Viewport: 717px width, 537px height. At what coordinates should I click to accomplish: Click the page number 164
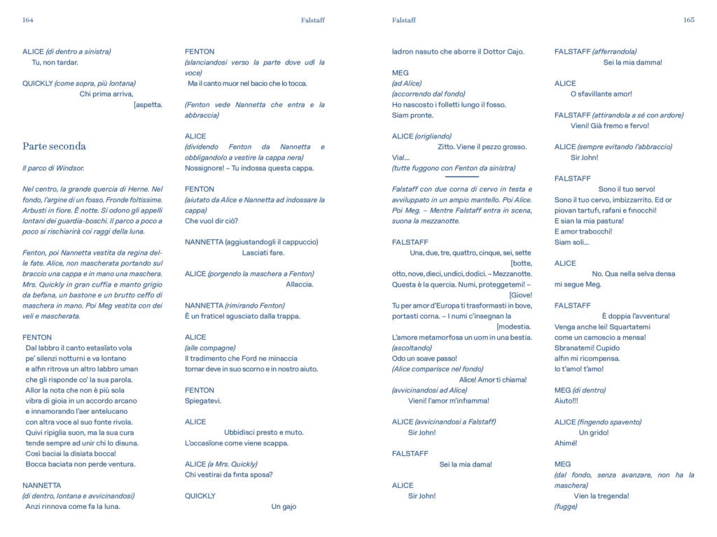[28, 20]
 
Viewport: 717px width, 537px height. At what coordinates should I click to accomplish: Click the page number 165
[688, 20]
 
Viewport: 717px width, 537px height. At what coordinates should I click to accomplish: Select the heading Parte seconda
[54, 146]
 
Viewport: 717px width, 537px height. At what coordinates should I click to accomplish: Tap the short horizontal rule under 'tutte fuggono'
[461, 177]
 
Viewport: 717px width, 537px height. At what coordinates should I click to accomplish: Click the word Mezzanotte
[513, 273]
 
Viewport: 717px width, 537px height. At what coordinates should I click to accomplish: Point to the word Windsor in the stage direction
[69, 168]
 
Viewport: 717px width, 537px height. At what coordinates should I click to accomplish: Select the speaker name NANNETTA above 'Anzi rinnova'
[41, 485]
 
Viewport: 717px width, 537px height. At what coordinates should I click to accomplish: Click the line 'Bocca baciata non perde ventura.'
[81, 464]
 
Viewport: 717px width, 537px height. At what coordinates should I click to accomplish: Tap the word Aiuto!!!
[566, 401]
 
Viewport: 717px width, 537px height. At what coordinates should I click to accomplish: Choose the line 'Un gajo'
[284, 506]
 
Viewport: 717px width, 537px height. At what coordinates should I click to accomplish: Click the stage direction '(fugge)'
[566, 506]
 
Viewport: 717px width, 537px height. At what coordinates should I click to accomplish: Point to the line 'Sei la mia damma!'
[632, 62]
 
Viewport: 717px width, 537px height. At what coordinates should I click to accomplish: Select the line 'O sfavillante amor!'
[601, 94]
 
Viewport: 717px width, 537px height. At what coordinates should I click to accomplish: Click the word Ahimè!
[565, 443]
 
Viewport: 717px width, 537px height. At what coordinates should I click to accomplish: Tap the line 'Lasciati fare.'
[263, 252]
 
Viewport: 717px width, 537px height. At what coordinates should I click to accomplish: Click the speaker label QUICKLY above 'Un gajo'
[200, 496]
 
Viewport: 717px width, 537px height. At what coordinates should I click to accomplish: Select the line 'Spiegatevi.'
[203, 401]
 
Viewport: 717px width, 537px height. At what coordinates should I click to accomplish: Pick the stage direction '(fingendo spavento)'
[608, 422]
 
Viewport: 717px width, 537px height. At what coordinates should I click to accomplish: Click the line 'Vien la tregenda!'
[601, 496]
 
